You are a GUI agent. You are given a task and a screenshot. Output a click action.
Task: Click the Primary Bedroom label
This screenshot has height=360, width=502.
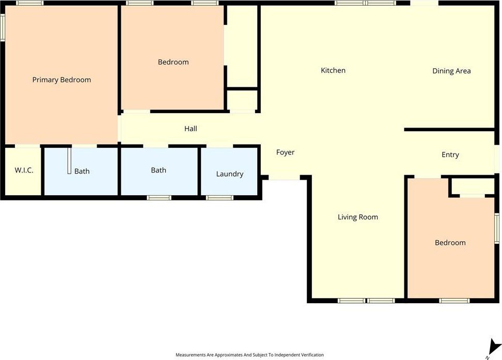tap(61, 80)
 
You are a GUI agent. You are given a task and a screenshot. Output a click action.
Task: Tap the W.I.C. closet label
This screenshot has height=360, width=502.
tap(24, 170)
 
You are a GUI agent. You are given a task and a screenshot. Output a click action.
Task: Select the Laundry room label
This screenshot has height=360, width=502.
tap(229, 174)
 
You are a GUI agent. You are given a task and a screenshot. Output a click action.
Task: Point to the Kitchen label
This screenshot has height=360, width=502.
tap(333, 70)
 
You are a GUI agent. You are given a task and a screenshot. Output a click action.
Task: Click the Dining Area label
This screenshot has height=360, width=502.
tap(451, 71)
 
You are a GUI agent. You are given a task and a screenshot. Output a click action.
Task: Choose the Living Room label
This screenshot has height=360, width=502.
tap(357, 217)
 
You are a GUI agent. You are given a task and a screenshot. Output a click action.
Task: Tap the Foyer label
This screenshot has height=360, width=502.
tap(285, 152)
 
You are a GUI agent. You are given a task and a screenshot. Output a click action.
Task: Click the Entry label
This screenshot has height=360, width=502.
tap(450, 155)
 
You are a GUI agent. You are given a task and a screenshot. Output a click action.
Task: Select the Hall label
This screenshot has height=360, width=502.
tap(191, 129)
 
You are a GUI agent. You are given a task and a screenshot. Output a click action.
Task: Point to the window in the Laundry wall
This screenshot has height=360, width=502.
tap(219, 198)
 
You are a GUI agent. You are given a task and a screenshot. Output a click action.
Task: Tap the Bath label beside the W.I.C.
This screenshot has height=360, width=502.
tap(82, 171)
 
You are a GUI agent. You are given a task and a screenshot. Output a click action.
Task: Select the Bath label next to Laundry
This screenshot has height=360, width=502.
tap(159, 170)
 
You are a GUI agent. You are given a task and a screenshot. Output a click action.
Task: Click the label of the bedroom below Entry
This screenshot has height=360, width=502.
tap(450, 243)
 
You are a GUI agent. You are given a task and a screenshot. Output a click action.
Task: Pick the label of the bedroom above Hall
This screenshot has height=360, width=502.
tap(173, 62)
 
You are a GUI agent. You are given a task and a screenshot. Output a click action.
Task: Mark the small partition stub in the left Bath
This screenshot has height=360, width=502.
tap(69, 161)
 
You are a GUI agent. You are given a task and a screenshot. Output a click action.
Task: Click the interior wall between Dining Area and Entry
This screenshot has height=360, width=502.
tap(449, 130)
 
